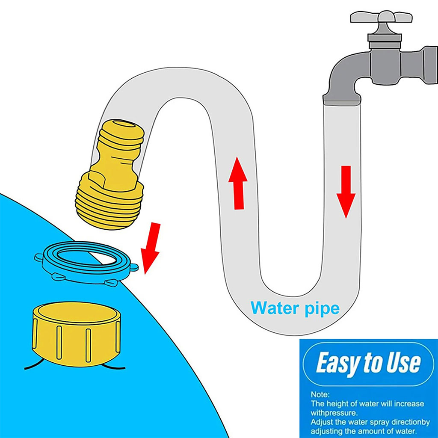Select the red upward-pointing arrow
(x=238, y=183)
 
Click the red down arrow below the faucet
(x=346, y=192)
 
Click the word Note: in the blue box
(x=320, y=394)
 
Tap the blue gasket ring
(x=86, y=262)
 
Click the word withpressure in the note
(x=334, y=413)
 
